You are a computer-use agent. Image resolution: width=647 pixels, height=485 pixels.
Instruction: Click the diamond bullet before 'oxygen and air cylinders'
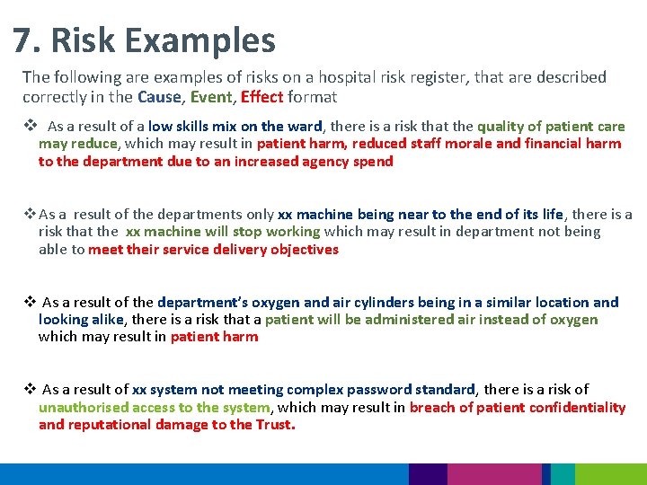(x=29, y=302)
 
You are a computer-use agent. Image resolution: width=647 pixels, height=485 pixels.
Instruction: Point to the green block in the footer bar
(x=610, y=474)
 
